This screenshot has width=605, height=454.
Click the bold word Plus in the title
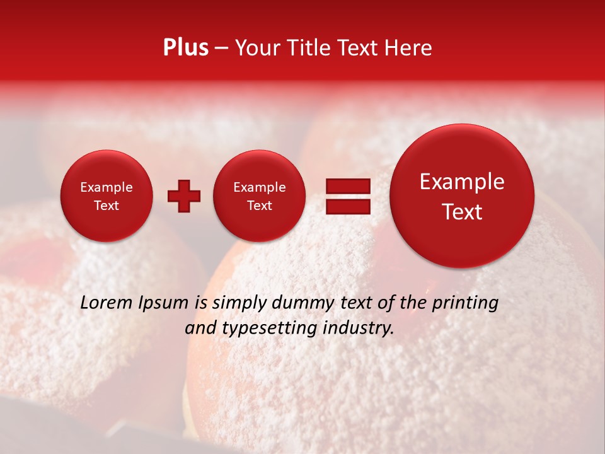185,48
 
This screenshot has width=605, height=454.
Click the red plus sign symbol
184,196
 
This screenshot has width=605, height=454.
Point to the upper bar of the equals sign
347,186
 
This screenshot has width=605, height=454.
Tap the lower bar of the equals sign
347,206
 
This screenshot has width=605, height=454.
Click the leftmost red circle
107,196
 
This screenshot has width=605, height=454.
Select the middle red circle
259,196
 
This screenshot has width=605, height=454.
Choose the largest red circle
462,196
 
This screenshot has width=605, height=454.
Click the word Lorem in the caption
107,303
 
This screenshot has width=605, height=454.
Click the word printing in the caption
464,303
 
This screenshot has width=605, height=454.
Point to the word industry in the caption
361,328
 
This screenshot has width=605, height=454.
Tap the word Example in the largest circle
462,182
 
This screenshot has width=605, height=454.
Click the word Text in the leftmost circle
107,206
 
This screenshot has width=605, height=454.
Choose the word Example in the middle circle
259,187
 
